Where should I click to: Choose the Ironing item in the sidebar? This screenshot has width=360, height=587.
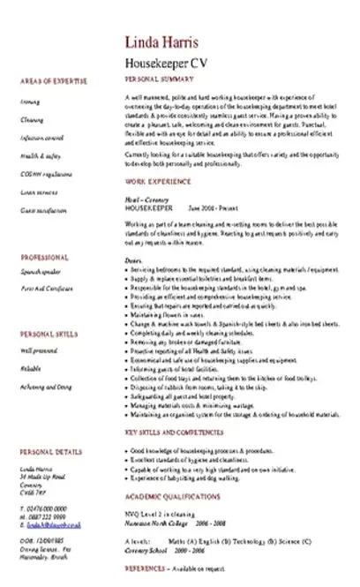28,102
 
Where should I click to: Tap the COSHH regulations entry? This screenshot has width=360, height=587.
44,174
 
